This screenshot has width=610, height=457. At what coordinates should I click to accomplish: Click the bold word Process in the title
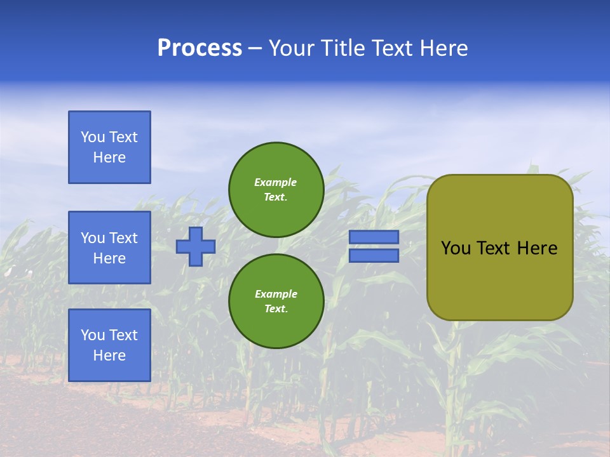point(200,48)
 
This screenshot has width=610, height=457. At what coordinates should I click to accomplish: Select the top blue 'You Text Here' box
point(109,147)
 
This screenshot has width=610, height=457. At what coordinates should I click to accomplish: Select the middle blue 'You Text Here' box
point(109,248)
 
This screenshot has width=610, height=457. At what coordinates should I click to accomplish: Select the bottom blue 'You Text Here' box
point(109,345)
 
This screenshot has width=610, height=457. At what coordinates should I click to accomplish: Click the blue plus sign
point(196,246)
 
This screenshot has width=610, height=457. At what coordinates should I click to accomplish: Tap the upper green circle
point(276,190)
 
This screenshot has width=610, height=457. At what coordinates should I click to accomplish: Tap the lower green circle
point(276,301)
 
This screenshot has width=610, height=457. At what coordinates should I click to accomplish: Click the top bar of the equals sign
point(374,237)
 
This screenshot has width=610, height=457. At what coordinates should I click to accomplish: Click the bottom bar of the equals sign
point(374,256)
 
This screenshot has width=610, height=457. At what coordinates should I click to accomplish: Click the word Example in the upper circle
point(276,182)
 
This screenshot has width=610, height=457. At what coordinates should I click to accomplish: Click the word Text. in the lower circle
point(276,309)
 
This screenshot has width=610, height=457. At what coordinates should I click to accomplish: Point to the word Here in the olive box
point(537,248)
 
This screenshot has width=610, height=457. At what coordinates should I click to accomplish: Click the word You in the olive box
point(456,248)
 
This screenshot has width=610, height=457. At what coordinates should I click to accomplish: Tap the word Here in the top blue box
point(109,157)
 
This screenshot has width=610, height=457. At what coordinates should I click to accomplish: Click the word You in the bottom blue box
point(92,335)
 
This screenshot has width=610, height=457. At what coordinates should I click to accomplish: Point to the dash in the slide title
point(255,48)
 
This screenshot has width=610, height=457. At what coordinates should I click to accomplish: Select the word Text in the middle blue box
point(123,238)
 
